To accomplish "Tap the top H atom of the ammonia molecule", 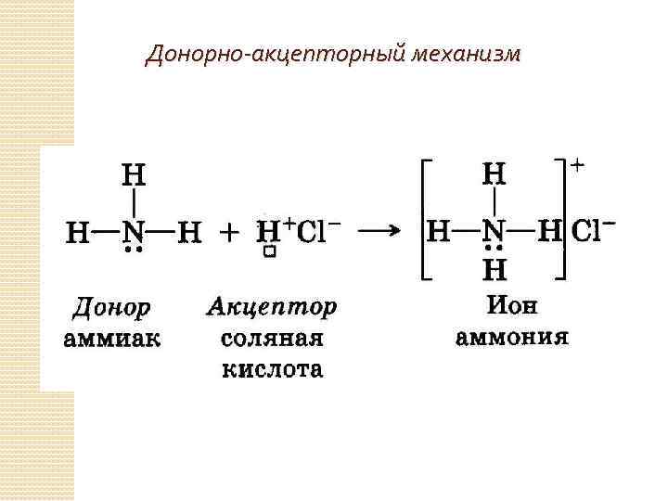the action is tap(135, 174).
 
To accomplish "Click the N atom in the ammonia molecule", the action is tap(135, 231).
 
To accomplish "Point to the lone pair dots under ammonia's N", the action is tap(135, 250).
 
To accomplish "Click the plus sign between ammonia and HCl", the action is tap(228, 232).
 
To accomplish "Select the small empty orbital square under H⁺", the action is tap(268, 252).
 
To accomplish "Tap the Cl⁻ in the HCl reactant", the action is tap(318, 230).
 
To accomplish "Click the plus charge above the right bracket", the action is tap(577, 165).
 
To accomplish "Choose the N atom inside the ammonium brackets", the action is tap(495, 231).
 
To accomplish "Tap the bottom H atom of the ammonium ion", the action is tap(495, 271).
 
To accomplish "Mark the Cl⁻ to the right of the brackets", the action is tap(594, 230).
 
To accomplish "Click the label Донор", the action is tap(112, 307).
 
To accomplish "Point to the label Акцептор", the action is tap(272, 307).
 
